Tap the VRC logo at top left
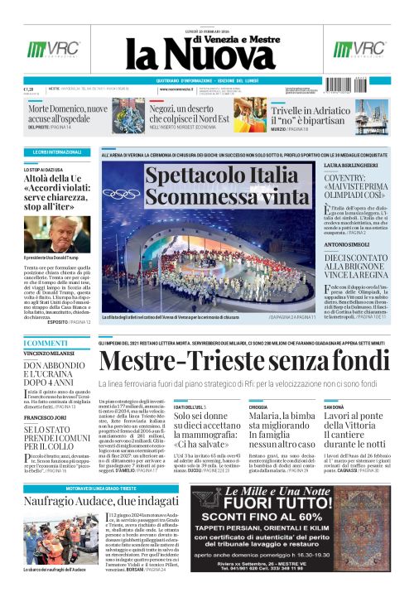pos(41,49)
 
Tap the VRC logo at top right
pos(370,49)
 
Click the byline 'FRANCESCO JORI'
pos(44,418)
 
